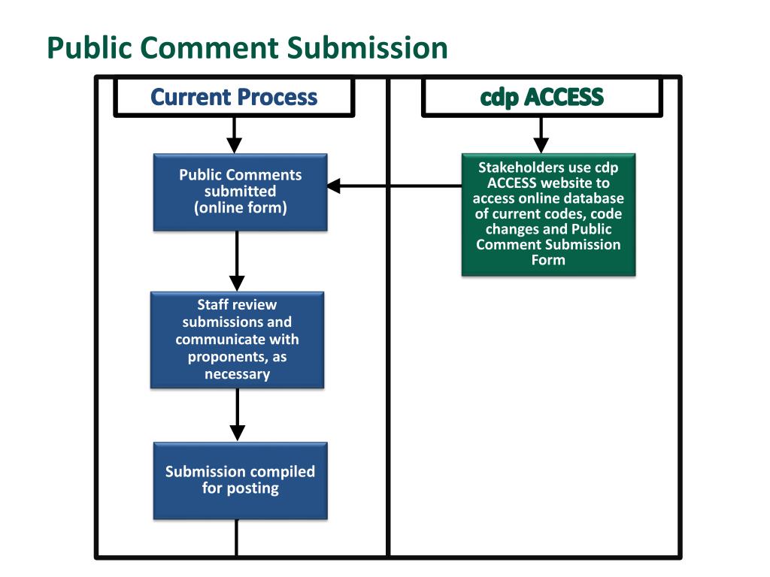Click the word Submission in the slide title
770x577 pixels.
point(367,48)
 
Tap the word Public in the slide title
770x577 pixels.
point(90,48)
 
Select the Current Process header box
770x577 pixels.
point(234,97)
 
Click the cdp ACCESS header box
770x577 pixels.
point(541,97)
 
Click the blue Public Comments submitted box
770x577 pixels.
point(240,192)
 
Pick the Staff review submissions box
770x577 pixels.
point(237,340)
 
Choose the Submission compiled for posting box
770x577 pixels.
point(240,481)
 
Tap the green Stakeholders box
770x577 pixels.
point(548,214)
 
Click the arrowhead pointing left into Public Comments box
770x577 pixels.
point(334,186)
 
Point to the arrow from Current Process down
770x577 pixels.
point(235,135)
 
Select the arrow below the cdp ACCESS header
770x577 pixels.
point(541,135)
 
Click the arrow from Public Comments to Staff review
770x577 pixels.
point(237,261)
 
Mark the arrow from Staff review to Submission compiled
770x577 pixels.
point(238,415)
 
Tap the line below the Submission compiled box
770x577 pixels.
point(237,537)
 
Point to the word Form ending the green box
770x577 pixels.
point(548,259)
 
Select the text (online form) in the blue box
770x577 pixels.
point(240,207)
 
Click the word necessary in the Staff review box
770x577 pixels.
point(237,374)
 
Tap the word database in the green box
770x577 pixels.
point(595,198)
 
